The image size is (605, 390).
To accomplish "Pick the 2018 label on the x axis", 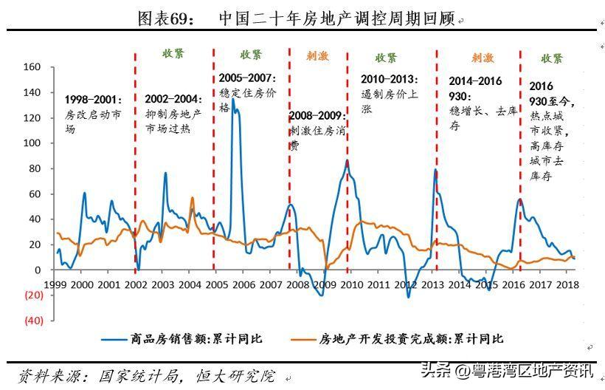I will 567,284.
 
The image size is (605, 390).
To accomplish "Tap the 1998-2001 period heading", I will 95,99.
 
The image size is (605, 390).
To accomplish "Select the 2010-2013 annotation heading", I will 390,78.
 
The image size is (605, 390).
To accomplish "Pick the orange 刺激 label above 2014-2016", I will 483,58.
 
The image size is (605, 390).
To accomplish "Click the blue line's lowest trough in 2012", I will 409,297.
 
